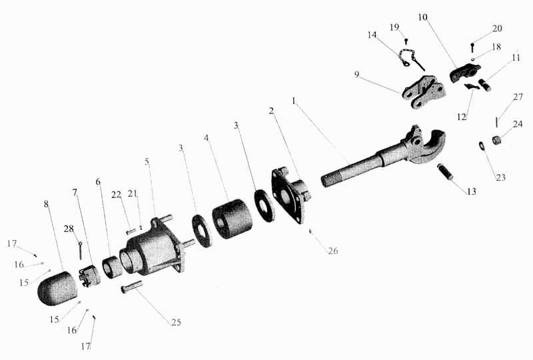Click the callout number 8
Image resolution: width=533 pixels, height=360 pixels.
pyautogui.click(x=46, y=204)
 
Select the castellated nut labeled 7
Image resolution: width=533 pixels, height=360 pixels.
pyautogui.click(x=89, y=275)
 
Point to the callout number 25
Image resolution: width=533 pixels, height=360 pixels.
pyautogui.click(x=176, y=322)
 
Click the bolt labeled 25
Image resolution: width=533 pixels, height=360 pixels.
pyautogui.click(x=131, y=287)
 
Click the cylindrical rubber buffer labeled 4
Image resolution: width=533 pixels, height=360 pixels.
pyautogui.click(x=232, y=218)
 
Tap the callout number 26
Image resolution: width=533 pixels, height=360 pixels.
pyautogui.click(x=332, y=251)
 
